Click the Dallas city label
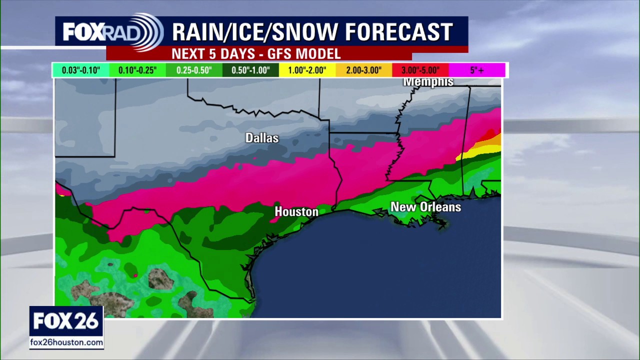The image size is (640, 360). pyautogui.click(x=261, y=138)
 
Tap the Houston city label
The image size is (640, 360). pyautogui.click(x=296, y=212)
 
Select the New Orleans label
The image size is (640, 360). pyautogui.click(x=425, y=207)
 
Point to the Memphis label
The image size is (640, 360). pyautogui.click(x=428, y=82)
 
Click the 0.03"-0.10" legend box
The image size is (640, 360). pyautogui.click(x=81, y=70)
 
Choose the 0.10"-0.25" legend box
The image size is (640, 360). pyautogui.click(x=137, y=70)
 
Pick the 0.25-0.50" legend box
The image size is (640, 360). pyautogui.click(x=194, y=70)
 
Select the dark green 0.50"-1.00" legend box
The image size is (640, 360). pyautogui.click(x=251, y=70)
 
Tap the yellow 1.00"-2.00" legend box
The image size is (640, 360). pyautogui.click(x=307, y=70)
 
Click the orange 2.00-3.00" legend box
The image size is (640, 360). pyautogui.click(x=363, y=70)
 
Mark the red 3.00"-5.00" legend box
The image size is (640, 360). pyautogui.click(x=420, y=70)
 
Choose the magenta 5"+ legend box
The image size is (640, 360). pyautogui.click(x=476, y=70)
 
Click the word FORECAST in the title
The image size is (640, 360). pyautogui.click(x=398, y=32)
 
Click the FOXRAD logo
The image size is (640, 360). pyautogui.click(x=112, y=32)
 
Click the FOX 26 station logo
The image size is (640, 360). pyautogui.click(x=66, y=321)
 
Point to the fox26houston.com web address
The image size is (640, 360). pyautogui.click(x=66, y=342)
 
